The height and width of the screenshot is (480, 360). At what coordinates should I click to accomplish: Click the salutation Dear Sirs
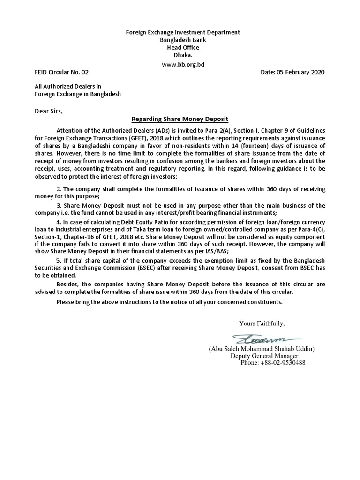pyautogui.click(x=48, y=111)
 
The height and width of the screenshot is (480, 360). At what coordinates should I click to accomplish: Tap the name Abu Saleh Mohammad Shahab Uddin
pyautogui.click(x=262, y=349)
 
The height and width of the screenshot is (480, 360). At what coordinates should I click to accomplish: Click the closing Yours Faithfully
pyautogui.click(x=262, y=323)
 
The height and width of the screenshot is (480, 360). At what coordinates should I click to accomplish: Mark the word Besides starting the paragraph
pyautogui.click(x=67, y=285)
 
